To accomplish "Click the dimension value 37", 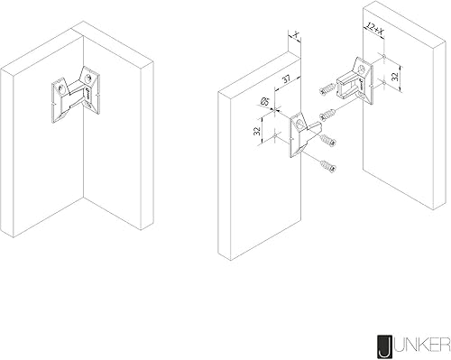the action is (287, 79).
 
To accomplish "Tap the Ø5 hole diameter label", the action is (264, 101).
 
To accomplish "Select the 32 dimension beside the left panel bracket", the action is (257, 131).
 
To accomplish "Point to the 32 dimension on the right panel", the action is (395, 77).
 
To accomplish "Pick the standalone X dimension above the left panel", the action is (296, 35).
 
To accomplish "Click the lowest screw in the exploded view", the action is (327, 167).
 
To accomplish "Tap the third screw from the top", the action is (327, 140).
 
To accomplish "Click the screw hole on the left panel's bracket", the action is (299, 124).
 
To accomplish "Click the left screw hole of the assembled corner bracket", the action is (61, 88).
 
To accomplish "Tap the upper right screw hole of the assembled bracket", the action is (88, 77).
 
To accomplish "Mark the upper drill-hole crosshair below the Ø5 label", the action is (275, 108).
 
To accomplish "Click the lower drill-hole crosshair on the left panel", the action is (275, 136).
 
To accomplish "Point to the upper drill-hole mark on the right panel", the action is (384, 56).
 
